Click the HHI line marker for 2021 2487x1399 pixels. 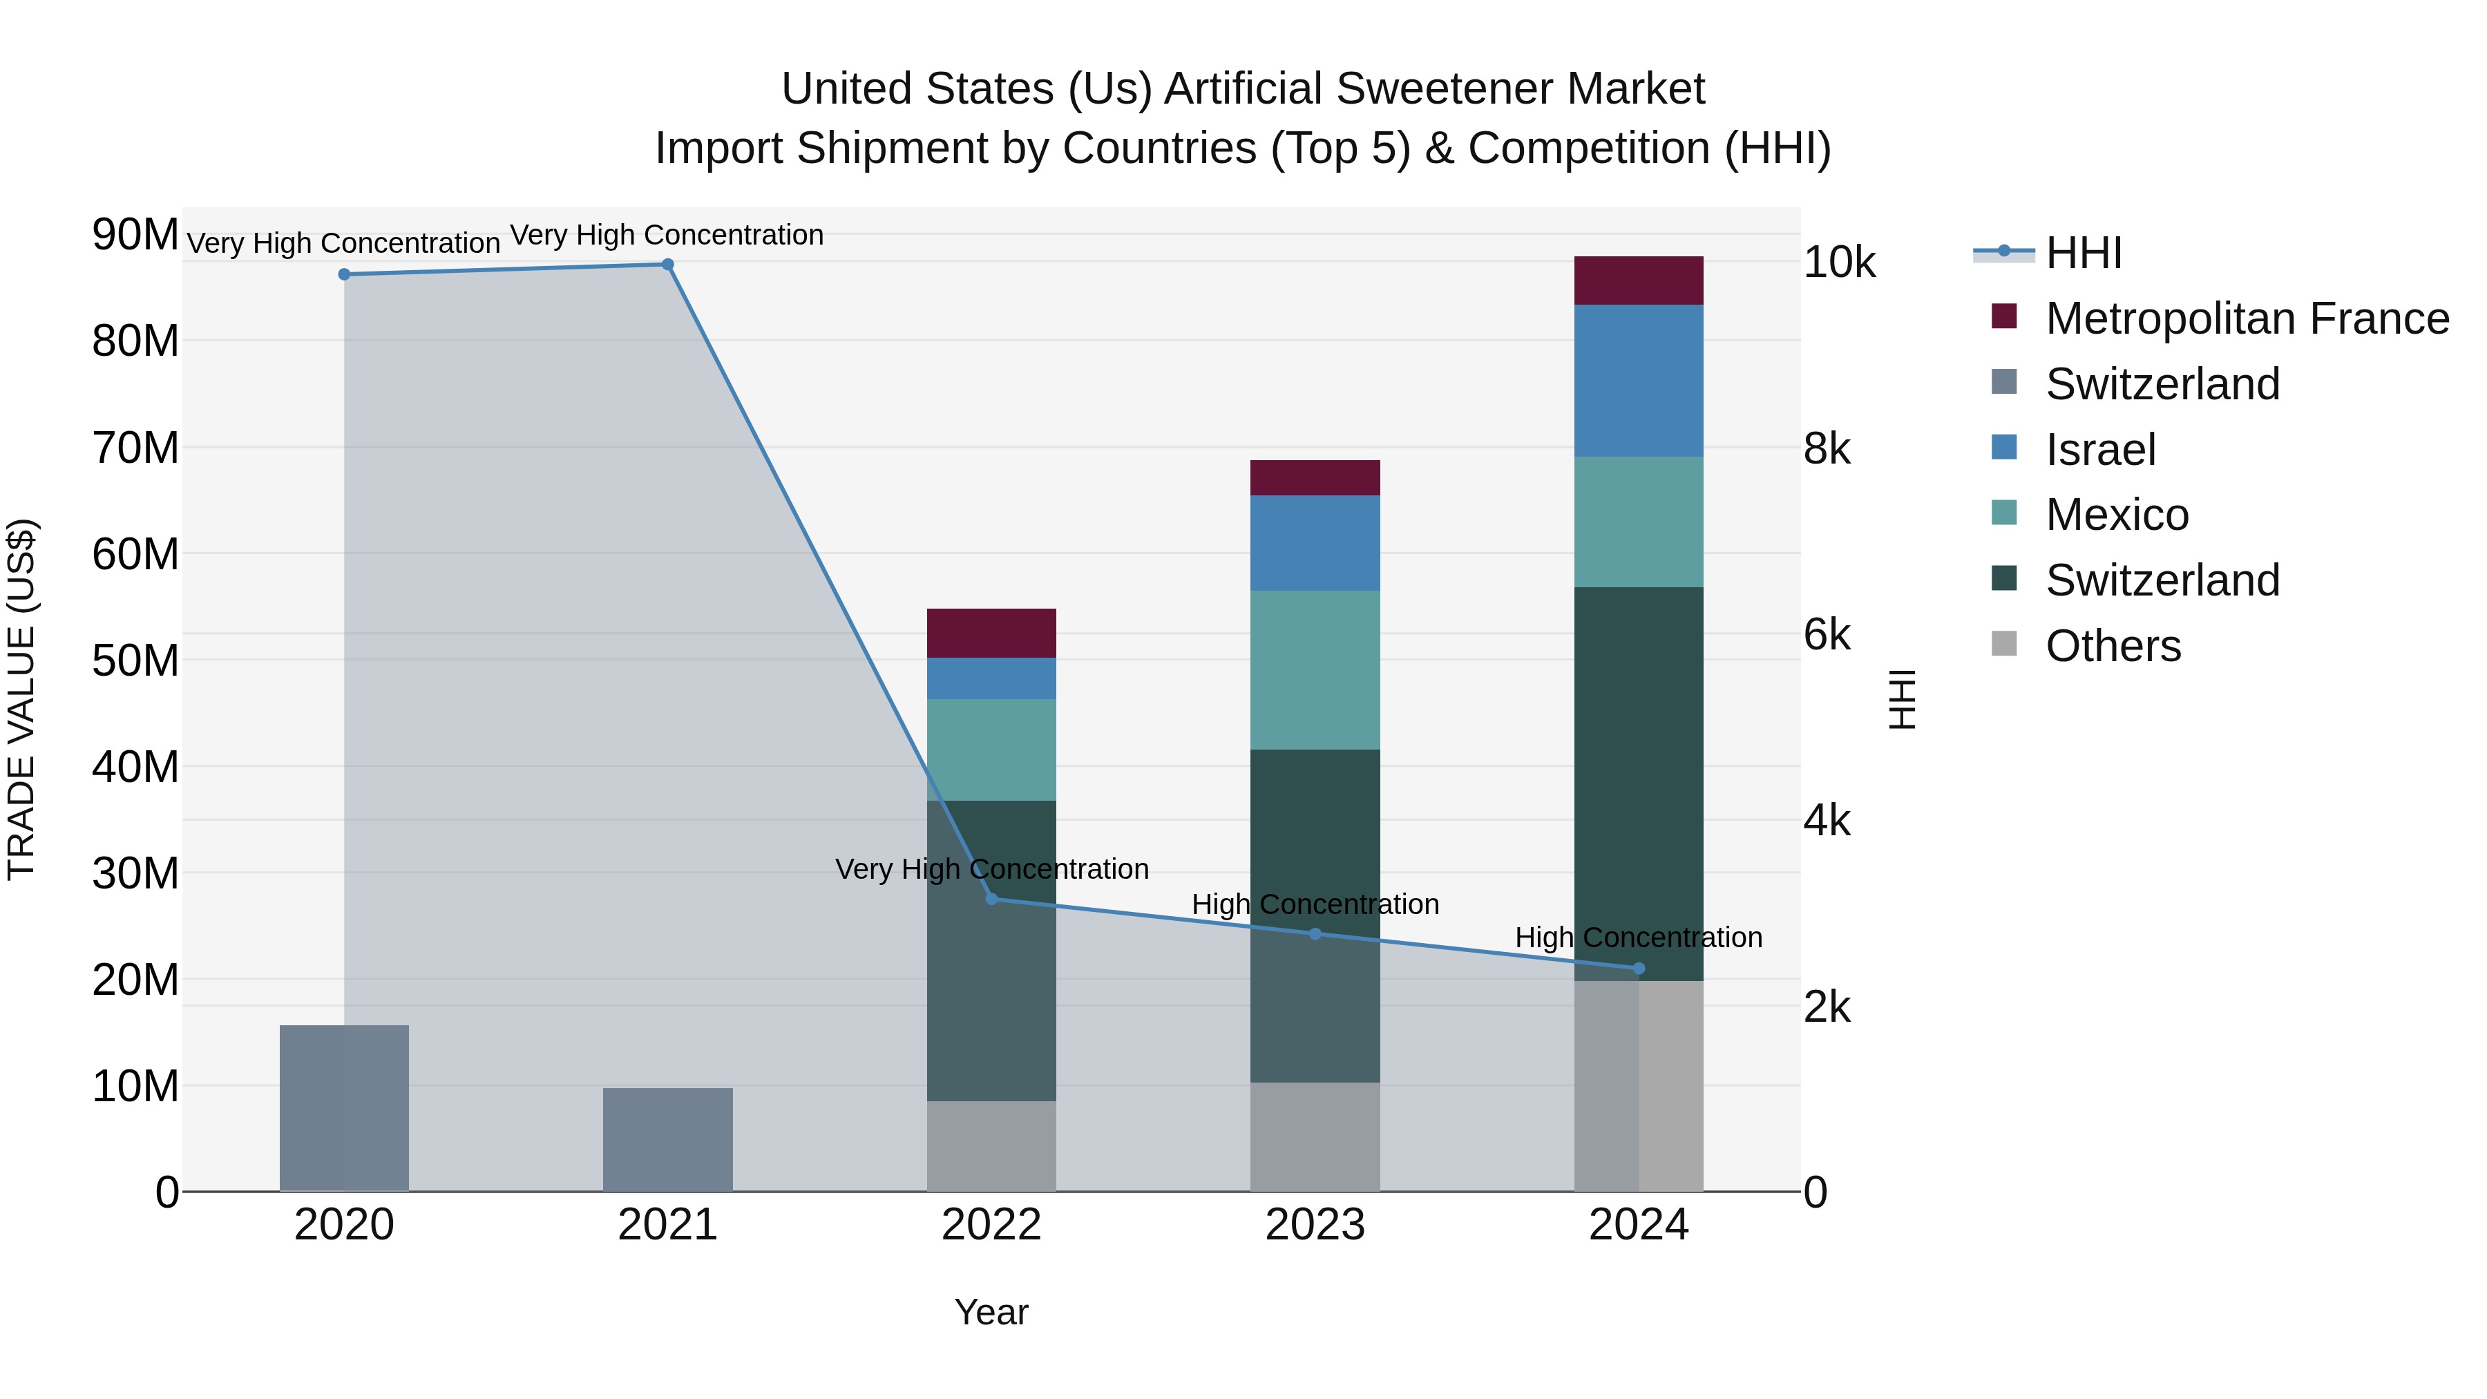[667, 265]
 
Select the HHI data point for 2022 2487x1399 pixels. [991, 899]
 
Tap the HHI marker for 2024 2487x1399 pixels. [1639, 969]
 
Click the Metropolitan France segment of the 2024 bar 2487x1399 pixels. [1639, 281]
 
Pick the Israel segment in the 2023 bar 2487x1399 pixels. [1315, 542]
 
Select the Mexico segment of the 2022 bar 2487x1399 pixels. [991, 749]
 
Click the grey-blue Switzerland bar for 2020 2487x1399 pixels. [344, 1107]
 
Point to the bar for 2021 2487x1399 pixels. [667, 1139]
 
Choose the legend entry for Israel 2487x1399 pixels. [2100, 450]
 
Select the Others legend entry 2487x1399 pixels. [2113, 646]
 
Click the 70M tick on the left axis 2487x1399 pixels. [135, 448]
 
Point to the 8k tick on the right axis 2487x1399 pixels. [1827, 449]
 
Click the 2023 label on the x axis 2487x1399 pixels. [1315, 1225]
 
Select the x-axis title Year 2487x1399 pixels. [991, 1312]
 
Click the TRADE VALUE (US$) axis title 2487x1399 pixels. [21, 699]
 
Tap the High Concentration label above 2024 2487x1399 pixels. [1639, 938]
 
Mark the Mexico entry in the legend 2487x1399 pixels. [2116, 515]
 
